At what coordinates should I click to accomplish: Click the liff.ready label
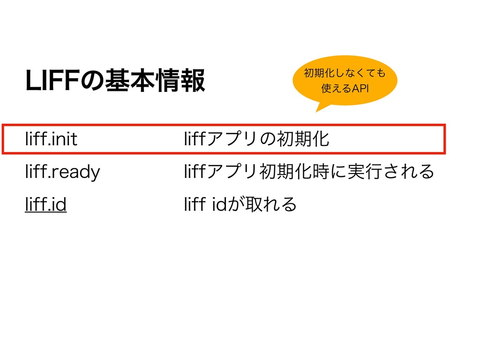(x=62, y=172)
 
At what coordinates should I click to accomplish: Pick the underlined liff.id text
(x=46, y=204)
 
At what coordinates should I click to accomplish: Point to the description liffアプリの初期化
(x=257, y=139)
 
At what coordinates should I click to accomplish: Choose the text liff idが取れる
(x=241, y=204)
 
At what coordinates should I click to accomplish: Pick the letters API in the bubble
(x=358, y=89)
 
